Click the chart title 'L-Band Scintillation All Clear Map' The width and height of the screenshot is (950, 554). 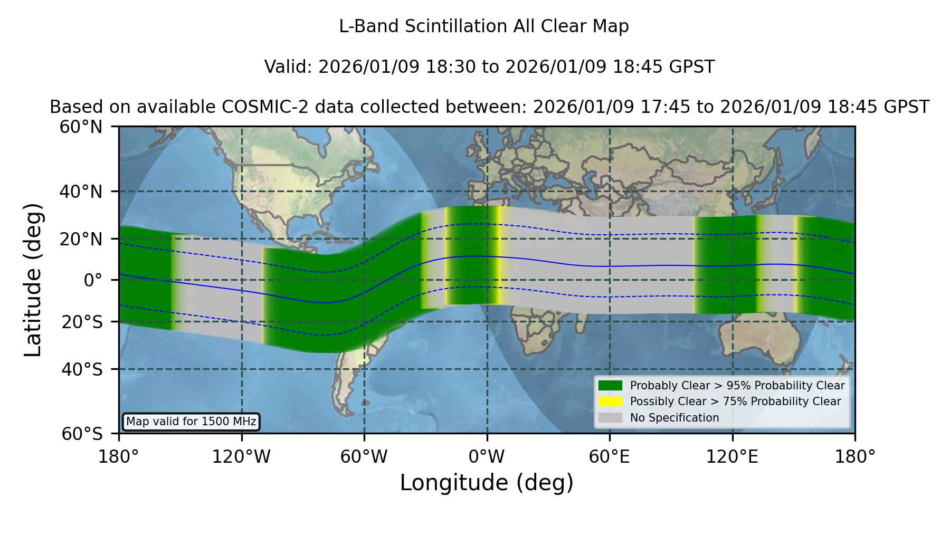coord(484,26)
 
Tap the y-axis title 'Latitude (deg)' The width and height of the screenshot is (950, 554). coord(33,280)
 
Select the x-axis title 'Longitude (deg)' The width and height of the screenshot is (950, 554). coord(487,483)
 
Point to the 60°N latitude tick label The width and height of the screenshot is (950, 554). coord(81,127)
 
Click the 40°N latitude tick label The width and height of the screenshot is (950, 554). coord(81,192)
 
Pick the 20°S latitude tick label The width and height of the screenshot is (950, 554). coord(82,322)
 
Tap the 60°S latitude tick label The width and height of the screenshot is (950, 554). coord(82,434)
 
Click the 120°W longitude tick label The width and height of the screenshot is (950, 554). coord(241,457)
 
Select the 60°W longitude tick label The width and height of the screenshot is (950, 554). coord(364,457)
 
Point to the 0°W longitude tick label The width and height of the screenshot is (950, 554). coord(487,457)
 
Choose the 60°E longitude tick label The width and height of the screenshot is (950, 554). coord(610,457)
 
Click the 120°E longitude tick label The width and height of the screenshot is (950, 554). coord(732,457)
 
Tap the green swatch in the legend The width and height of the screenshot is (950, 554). coord(611,386)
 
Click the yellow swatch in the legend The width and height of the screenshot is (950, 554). coord(611,402)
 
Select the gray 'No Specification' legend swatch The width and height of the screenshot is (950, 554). coord(611,418)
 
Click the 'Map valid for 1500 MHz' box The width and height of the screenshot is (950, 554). coord(191,422)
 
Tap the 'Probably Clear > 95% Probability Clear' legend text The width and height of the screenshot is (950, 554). coord(737,386)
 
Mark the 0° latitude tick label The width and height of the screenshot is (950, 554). coord(93,280)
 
